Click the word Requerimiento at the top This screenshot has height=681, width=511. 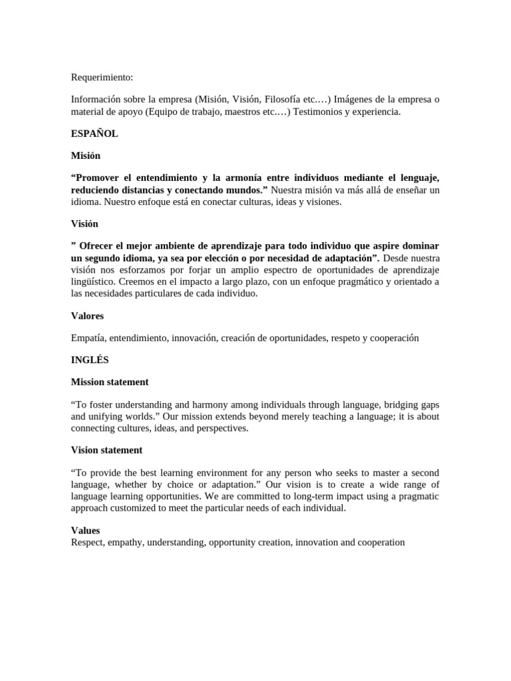pos(102,77)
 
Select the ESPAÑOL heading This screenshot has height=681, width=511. pos(94,133)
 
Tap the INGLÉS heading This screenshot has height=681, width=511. pos(90,360)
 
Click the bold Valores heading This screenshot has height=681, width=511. pos(87,316)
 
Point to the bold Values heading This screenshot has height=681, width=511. pos(85,530)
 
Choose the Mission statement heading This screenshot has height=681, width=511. pos(110,382)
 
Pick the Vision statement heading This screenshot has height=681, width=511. pos(106,450)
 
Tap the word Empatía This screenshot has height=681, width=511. pos(88,338)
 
